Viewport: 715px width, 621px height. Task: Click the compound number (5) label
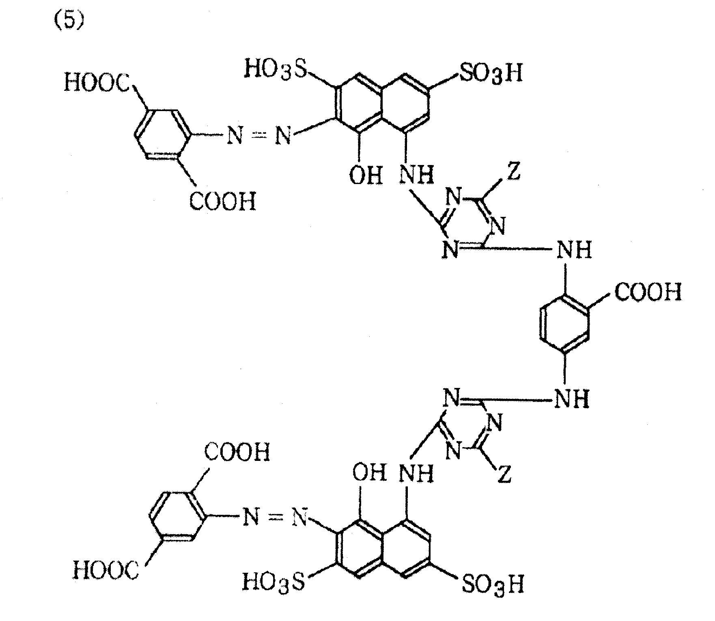68,19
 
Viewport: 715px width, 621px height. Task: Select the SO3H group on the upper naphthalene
490,74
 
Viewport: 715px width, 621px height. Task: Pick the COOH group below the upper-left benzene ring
223,201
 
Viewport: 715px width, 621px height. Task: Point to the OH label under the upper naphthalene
366,176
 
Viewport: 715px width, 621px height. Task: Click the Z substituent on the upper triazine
514,173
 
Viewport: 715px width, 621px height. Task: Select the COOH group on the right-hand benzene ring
648,292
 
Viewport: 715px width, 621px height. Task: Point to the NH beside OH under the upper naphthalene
417,176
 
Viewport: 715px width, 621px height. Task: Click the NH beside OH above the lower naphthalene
417,473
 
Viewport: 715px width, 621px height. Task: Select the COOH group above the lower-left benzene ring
237,452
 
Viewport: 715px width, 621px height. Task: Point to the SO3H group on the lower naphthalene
493,584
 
